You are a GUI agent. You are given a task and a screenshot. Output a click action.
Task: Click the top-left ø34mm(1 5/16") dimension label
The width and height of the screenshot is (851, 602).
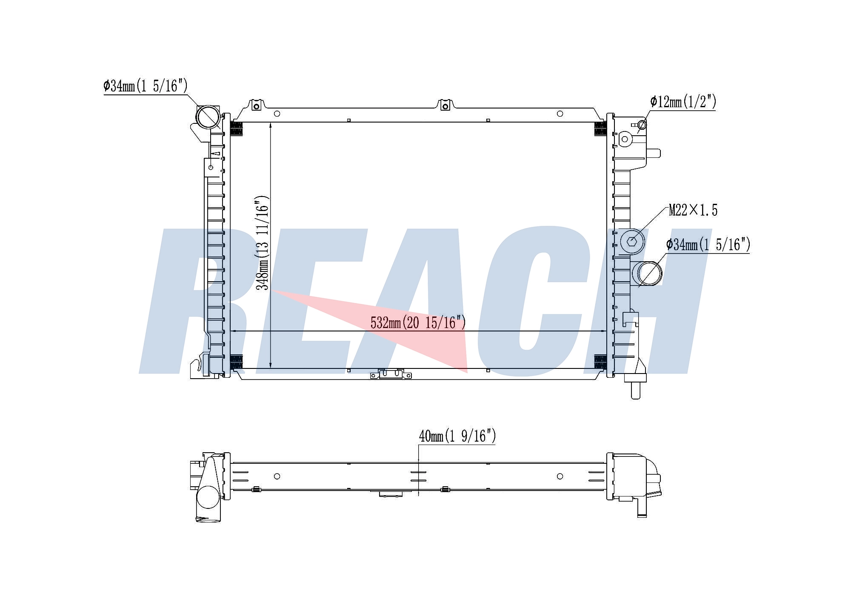click(146, 86)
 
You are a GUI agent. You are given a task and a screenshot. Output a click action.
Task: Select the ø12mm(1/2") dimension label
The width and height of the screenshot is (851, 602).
click(683, 102)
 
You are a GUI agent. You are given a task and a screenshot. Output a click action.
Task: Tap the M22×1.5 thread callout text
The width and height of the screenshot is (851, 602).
click(693, 210)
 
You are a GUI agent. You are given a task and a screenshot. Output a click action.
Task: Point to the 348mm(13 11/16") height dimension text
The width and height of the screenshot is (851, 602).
click(262, 243)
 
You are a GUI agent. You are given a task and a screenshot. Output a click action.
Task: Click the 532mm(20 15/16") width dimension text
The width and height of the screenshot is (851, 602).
click(418, 322)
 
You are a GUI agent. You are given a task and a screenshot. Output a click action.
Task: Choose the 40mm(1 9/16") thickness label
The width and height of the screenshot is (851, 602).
click(457, 436)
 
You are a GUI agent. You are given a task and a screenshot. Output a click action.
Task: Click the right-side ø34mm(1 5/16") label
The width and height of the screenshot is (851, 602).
click(708, 245)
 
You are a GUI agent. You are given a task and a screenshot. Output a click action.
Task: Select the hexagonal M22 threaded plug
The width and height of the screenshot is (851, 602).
click(632, 242)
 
